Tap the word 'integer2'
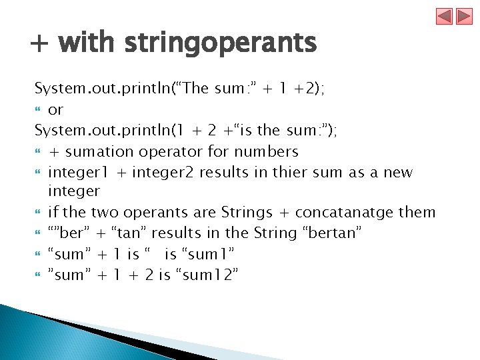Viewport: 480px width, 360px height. point(163,173)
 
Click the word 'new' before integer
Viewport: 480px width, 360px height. point(398,173)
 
